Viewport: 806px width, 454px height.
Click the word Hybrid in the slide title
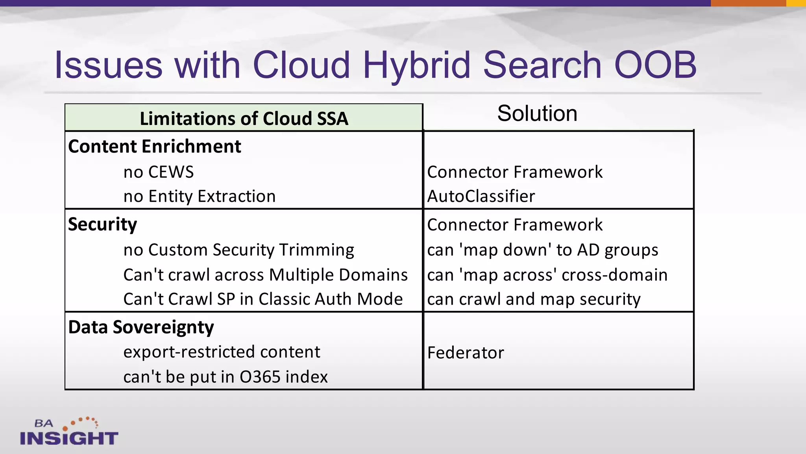(x=416, y=65)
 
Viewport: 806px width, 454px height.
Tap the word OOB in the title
(x=655, y=65)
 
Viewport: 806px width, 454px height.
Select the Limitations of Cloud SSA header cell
(x=244, y=118)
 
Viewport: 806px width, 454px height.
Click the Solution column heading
(x=537, y=113)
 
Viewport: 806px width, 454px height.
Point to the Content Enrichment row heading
(x=154, y=147)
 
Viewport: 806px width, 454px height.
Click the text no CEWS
(x=159, y=172)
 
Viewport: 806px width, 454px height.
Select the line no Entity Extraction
(x=200, y=196)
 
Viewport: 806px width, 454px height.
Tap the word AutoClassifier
(x=481, y=196)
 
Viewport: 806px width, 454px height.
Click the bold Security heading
(x=102, y=224)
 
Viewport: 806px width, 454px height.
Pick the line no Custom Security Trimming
(x=238, y=250)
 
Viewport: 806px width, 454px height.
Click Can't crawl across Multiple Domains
(x=265, y=275)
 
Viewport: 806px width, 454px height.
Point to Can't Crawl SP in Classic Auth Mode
(x=263, y=299)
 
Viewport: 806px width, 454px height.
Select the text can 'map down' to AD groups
(x=542, y=250)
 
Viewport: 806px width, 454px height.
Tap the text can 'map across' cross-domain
(x=547, y=275)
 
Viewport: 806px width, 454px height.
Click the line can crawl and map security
(x=534, y=299)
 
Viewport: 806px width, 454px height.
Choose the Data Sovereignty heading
(x=141, y=327)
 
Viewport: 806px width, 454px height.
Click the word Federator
(x=466, y=353)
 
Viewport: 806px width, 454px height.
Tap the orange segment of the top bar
(x=748, y=3)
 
